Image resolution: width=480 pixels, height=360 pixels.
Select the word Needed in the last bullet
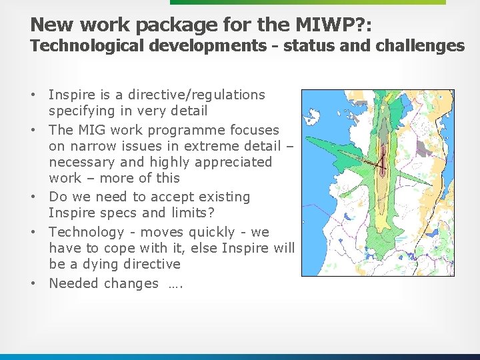tap(72, 283)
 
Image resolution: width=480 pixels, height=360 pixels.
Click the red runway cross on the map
tap(379, 163)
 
